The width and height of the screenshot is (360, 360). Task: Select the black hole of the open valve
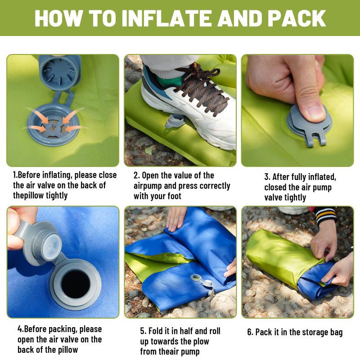pos(75,284)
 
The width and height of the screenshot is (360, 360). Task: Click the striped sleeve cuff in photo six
pos(325,215)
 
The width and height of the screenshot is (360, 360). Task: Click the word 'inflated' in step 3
pos(321,177)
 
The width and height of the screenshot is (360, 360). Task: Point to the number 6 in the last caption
pos(250,333)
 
